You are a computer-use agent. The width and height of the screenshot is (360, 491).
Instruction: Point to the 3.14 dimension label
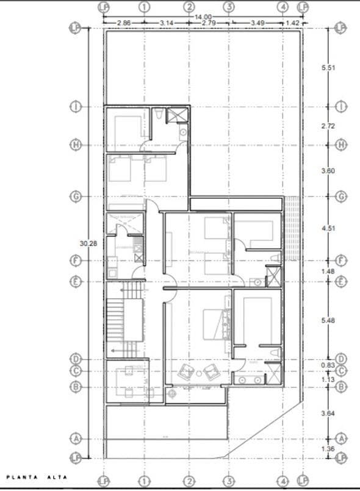point(167,23)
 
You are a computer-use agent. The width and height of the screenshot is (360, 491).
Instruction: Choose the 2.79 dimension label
point(209,23)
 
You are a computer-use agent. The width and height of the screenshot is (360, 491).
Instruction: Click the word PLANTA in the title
point(20,478)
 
